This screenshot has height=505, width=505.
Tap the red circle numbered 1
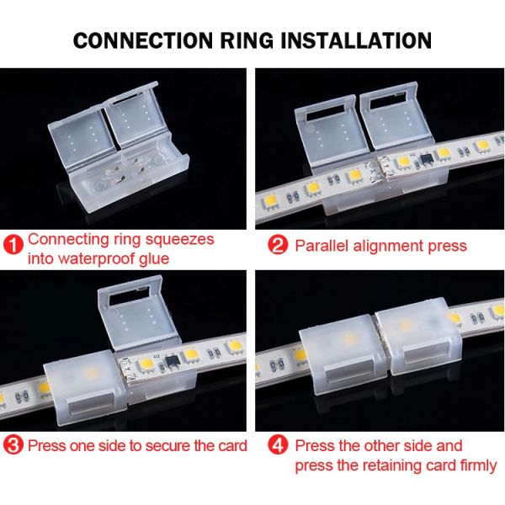tap(13, 245)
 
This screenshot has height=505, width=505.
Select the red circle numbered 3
tap(13, 445)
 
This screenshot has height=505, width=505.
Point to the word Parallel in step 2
tap(322, 246)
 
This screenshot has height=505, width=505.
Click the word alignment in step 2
tap(390, 246)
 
